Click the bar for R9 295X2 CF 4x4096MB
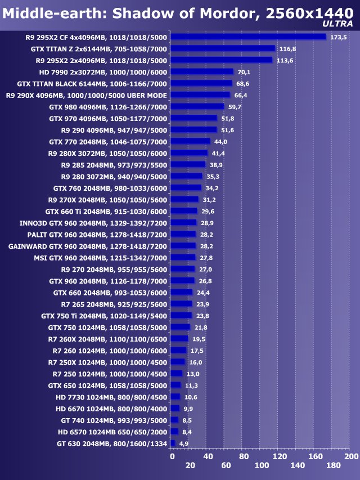[x=248, y=37]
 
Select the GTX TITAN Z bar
[x=223, y=48]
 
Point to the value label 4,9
[x=183, y=443]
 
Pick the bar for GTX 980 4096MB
[x=197, y=106]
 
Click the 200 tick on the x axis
[x=351, y=456]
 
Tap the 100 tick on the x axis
[x=262, y=465]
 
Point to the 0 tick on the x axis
[x=172, y=456]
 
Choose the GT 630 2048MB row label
[x=112, y=443]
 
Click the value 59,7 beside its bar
[x=233, y=106]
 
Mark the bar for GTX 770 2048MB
[x=190, y=141]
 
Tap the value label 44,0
[x=220, y=141]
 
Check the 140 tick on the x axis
[x=298, y=465]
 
